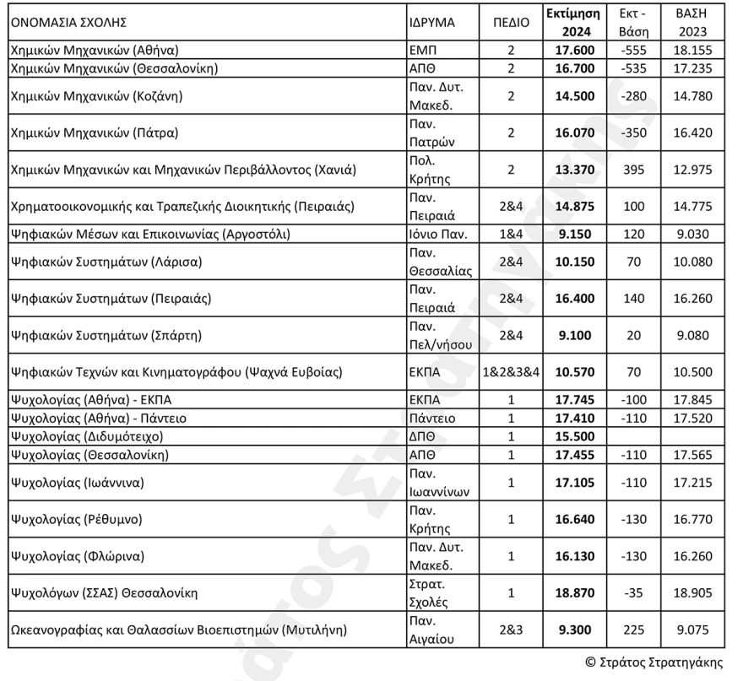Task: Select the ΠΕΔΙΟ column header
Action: click(511, 24)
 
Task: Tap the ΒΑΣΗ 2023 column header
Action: click(691, 23)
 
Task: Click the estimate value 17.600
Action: click(574, 50)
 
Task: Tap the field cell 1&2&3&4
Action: click(511, 371)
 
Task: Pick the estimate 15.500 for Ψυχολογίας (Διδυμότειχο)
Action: click(574, 437)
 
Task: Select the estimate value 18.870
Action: click(574, 593)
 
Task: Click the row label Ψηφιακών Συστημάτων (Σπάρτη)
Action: click(106, 335)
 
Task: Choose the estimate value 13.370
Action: click(574, 170)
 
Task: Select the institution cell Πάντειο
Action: click(431, 419)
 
